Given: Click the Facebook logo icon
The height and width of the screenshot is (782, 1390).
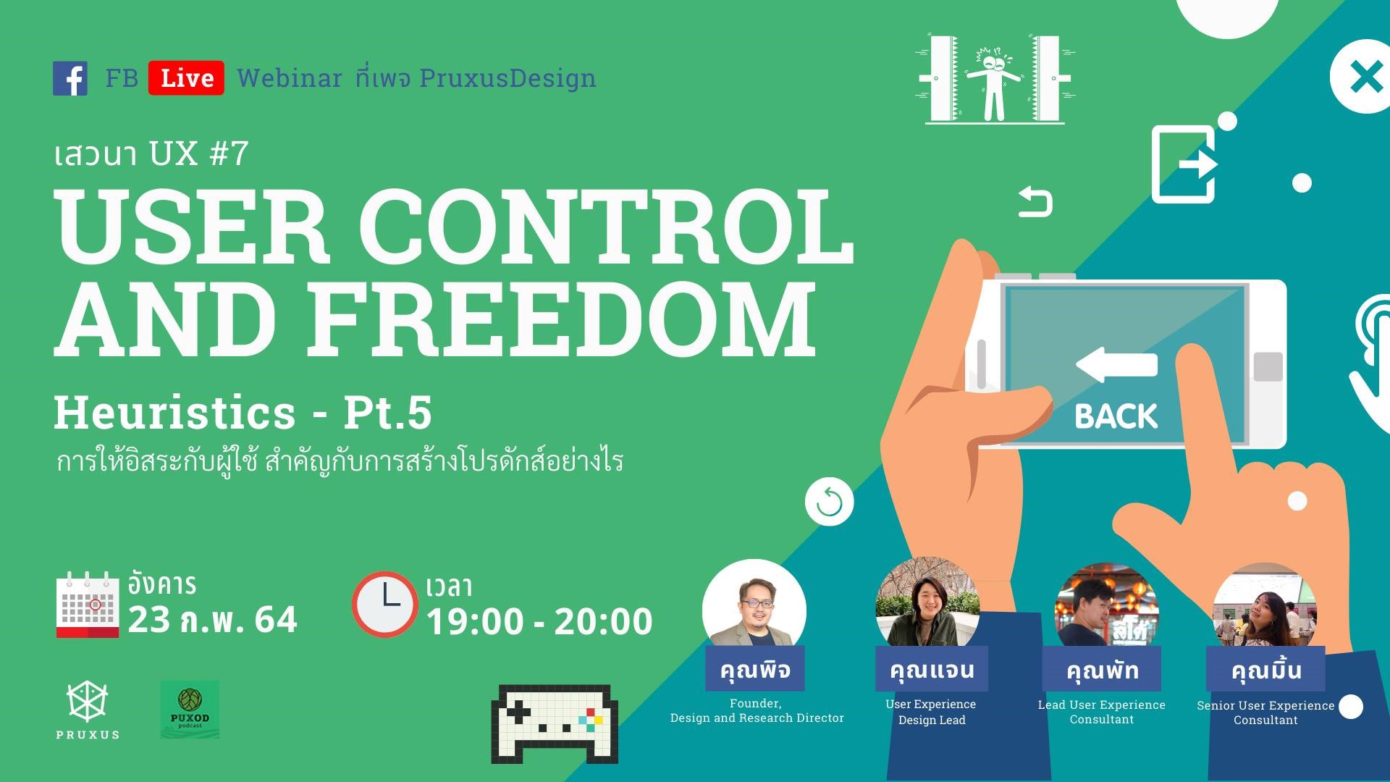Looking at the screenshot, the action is tap(70, 78).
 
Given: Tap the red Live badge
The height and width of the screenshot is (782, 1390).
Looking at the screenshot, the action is tap(186, 78).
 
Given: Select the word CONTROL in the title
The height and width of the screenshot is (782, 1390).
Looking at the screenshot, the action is tap(606, 225).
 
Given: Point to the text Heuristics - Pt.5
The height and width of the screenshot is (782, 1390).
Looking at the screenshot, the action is tap(243, 413).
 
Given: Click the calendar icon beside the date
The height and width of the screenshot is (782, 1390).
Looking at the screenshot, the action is tap(88, 605).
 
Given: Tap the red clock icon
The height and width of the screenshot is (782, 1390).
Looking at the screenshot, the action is tap(385, 604).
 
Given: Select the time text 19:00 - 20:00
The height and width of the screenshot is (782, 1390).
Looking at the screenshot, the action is tap(539, 621).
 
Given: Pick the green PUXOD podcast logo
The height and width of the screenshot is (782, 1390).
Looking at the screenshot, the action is tap(190, 710).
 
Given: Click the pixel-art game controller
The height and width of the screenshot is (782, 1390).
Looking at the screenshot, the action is tap(555, 724).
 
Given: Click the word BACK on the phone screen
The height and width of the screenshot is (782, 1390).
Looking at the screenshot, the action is tap(1116, 416).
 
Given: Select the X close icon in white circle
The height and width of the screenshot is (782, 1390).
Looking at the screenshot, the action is tap(1365, 77).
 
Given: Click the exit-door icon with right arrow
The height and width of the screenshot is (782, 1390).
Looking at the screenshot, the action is tap(1184, 164).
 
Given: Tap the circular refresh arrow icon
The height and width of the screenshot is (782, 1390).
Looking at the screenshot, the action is tap(830, 502).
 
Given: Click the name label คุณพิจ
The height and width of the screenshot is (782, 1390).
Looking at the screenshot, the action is tap(755, 669).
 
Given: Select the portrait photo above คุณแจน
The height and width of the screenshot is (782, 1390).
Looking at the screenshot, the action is tap(927, 603).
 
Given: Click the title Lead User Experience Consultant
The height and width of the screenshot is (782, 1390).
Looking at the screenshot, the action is tap(1102, 712).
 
